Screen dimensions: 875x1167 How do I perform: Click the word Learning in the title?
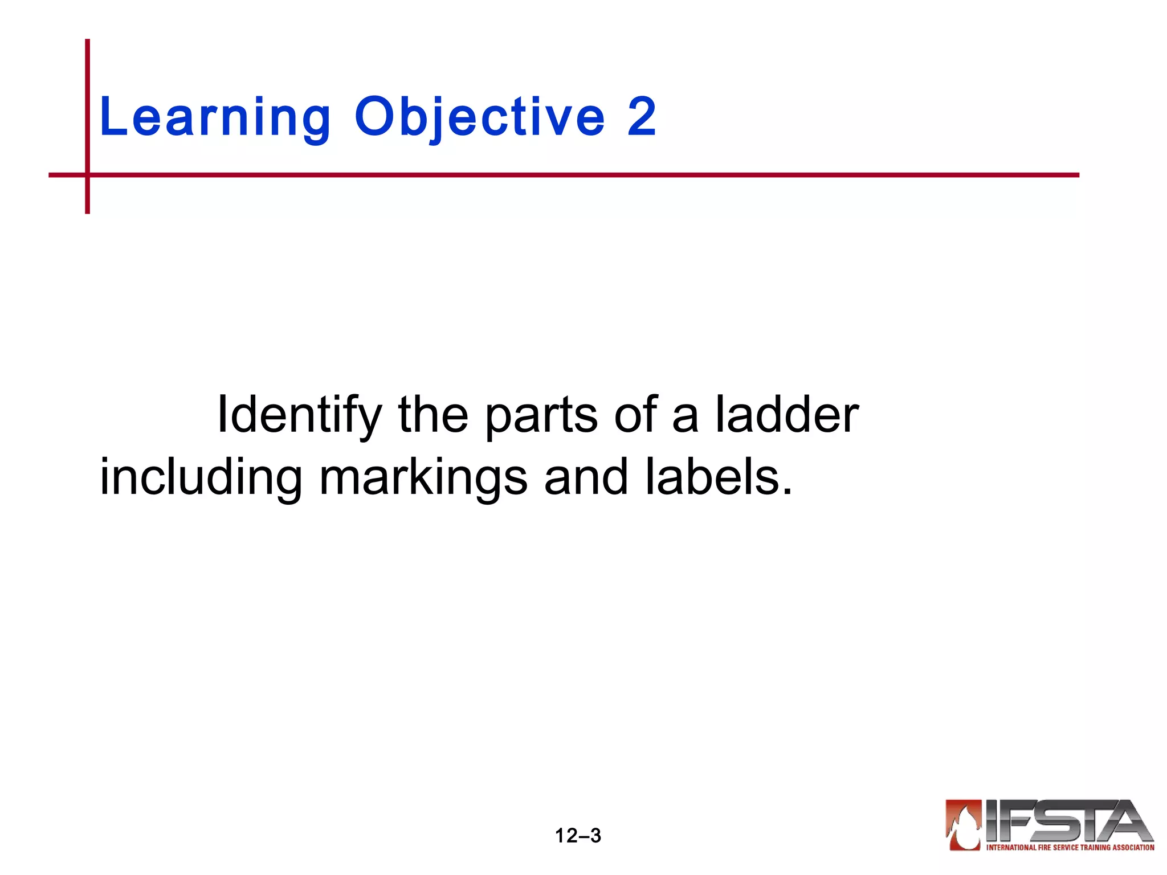215,118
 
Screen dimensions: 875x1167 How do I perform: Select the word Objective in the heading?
479,118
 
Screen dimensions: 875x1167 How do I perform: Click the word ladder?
787,415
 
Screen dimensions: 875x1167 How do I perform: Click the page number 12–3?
578,836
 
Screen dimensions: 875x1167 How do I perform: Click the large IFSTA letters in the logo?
1066,821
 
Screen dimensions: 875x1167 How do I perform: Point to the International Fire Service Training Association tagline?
1070,848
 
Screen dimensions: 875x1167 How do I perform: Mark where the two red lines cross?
88,175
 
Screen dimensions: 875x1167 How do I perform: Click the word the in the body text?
433,415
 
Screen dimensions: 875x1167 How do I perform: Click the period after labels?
787,491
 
